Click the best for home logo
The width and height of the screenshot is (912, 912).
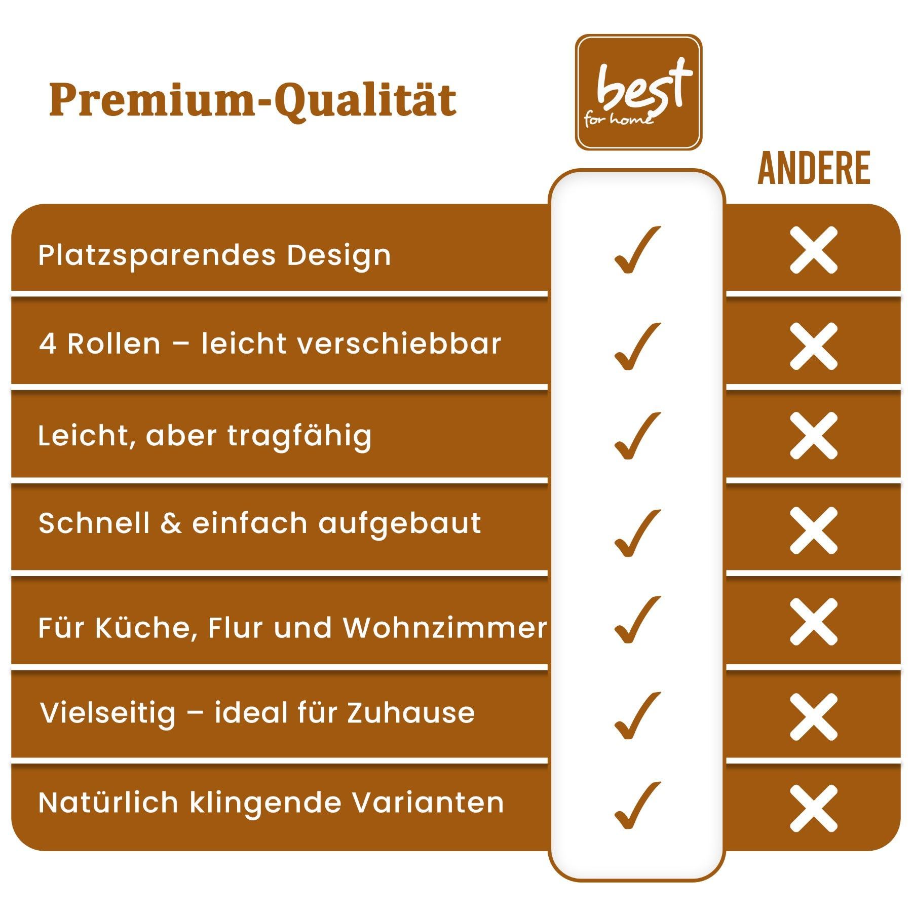tap(638, 92)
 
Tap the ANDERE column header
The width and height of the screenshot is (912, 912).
tap(814, 169)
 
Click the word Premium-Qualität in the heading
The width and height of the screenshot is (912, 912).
tap(253, 100)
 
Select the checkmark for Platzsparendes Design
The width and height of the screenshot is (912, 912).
tap(637, 250)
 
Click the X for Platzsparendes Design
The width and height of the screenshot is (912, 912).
tap(814, 250)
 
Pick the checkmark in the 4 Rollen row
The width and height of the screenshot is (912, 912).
tap(637, 346)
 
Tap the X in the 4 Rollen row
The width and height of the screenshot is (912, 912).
tap(814, 346)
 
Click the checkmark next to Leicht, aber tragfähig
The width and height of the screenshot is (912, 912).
tap(637, 436)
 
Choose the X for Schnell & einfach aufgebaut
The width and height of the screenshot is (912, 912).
tap(814, 530)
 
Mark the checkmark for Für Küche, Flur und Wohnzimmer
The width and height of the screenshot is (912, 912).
tap(637, 620)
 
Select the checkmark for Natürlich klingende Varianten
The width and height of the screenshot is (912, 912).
tap(637, 806)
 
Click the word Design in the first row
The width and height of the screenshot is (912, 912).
tap(339, 256)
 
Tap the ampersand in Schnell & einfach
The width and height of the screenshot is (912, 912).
tap(171, 524)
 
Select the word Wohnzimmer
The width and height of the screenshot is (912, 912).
tap(445, 628)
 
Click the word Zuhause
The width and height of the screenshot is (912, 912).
tap(411, 713)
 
